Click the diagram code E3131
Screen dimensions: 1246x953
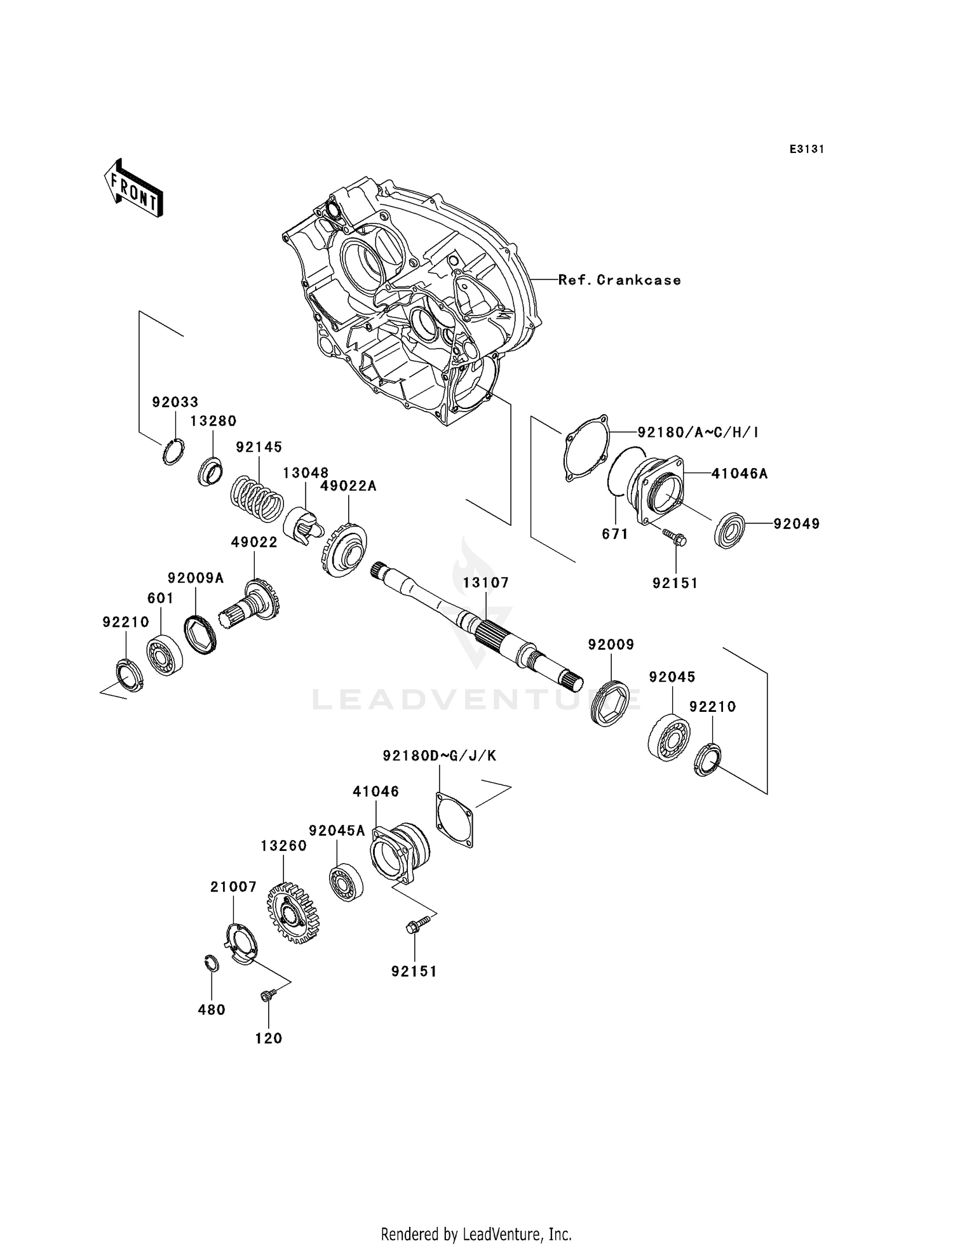pyautogui.click(x=806, y=149)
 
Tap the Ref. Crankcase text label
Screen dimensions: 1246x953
pyautogui.click(x=619, y=280)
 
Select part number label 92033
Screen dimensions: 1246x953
pyautogui.click(x=175, y=402)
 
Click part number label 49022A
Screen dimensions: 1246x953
pyautogui.click(x=348, y=486)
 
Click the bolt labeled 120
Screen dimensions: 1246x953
pyautogui.click(x=267, y=996)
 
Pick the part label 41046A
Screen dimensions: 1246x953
pyautogui.click(x=740, y=473)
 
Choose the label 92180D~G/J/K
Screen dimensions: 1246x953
pyautogui.click(x=440, y=756)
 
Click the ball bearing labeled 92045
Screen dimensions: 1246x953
pyautogui.click(x=669, y=737)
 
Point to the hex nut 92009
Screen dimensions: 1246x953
pyautogui.click(x=609, y=703)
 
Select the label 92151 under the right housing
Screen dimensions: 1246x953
pyautogui.click(x=675, y=583)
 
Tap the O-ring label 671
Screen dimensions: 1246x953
pyautogui.click(x=615, y=534)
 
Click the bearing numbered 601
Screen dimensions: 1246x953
pyautogui.click(x=165, y=655)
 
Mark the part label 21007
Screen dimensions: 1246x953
pyautogui.click(x=233, y=887)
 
